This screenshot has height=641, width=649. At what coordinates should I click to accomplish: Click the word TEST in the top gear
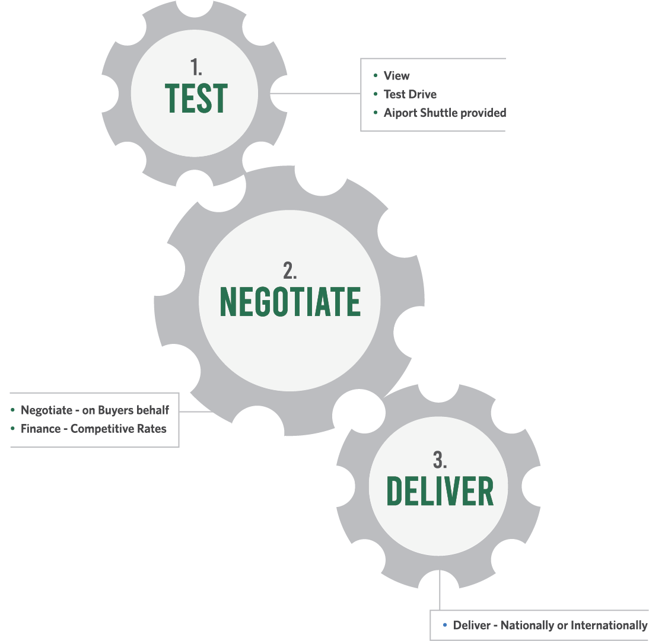(195, 98)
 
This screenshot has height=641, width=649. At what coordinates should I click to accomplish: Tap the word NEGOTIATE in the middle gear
(290, 301)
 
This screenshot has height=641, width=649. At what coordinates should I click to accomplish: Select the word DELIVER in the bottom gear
(440, 491)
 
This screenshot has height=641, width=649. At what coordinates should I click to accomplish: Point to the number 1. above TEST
(196, 65)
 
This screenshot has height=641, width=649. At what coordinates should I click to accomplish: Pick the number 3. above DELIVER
(440, 460)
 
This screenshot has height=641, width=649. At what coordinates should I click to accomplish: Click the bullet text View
(396, 76)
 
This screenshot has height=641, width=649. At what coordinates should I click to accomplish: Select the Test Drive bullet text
(410, 94)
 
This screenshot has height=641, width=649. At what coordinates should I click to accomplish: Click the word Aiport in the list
(400, 113)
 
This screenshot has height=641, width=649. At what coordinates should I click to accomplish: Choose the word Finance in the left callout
(40, 429)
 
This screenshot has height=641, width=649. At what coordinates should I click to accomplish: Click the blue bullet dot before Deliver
(444, 626)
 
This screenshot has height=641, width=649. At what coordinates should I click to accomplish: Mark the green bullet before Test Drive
(376, 94)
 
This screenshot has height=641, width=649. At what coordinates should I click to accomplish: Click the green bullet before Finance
(12, 429)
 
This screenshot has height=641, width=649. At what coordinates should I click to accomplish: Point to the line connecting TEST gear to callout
(314, 93)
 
